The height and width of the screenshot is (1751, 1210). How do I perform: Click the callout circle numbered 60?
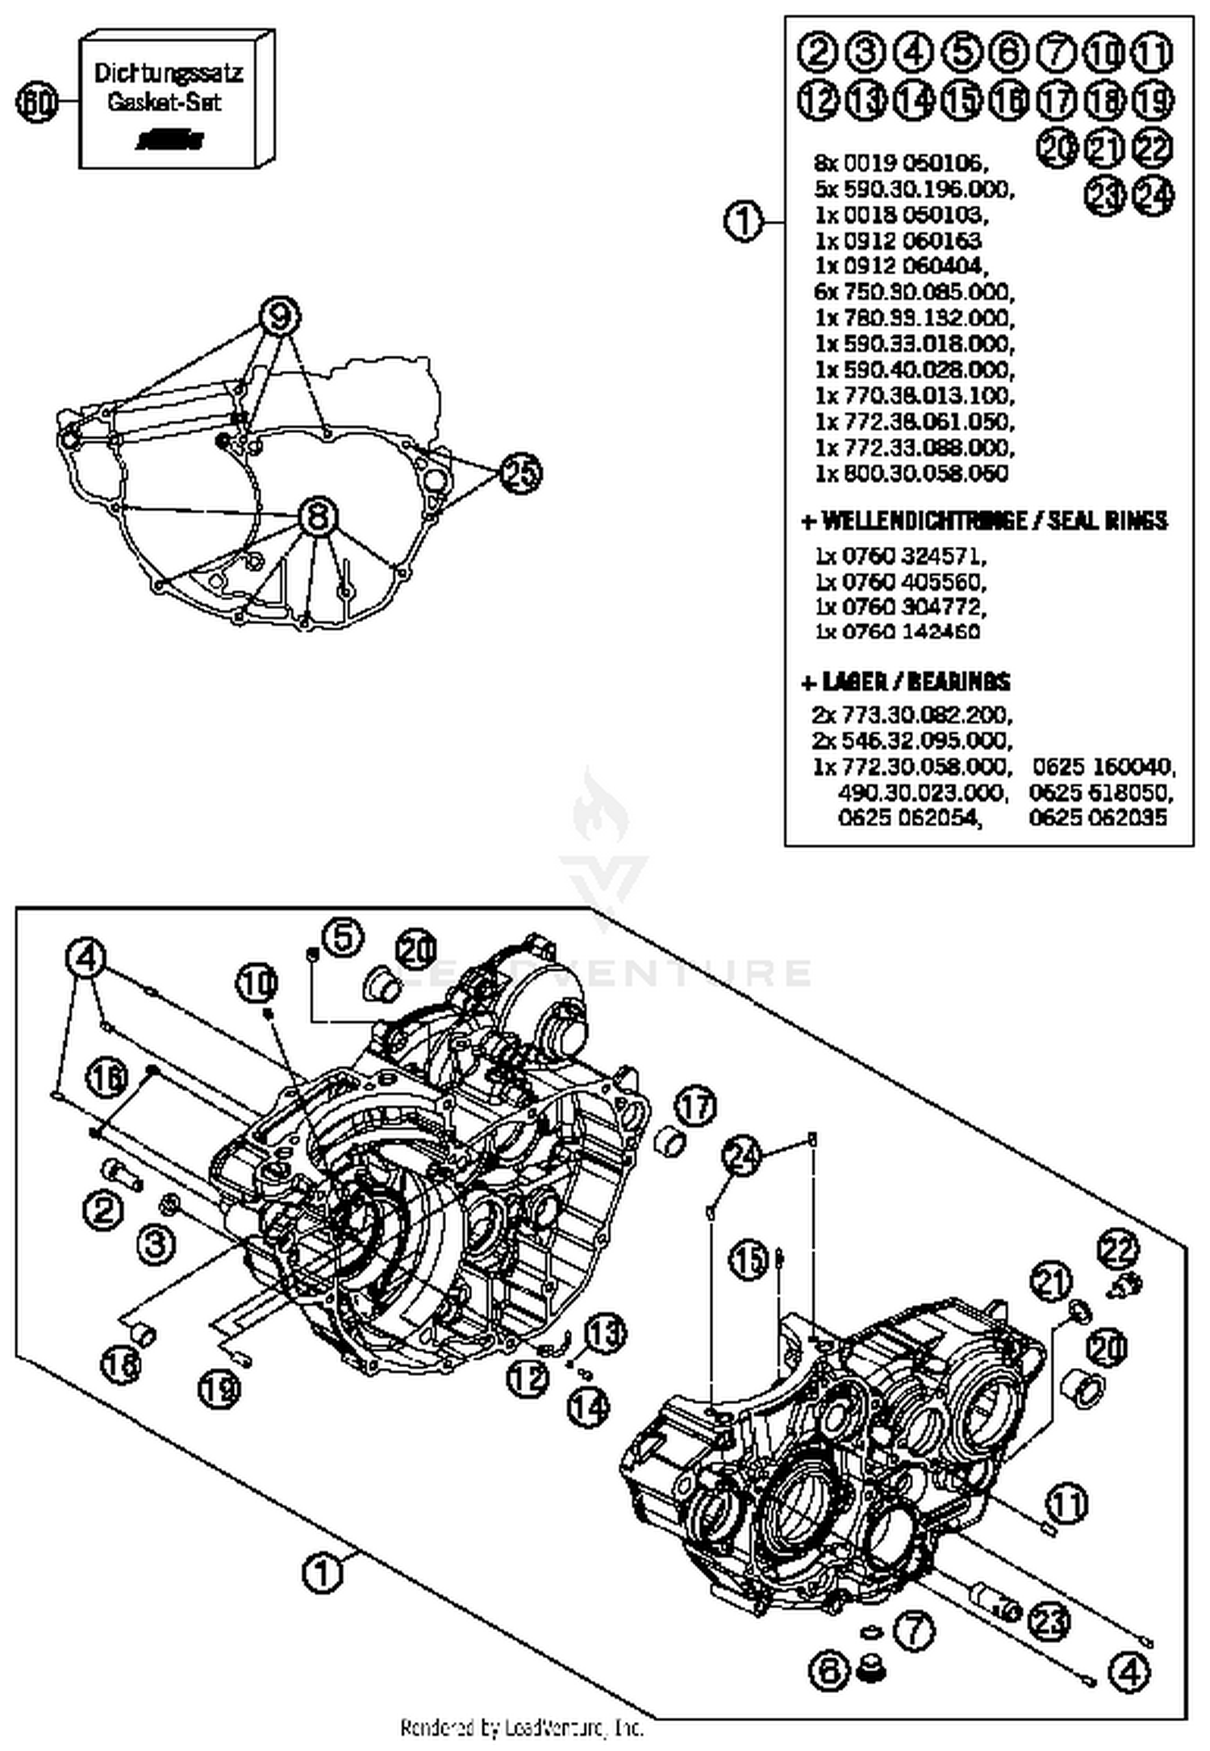tap(36, 103)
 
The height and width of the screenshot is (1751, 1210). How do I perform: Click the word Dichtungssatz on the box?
tap(168, 73)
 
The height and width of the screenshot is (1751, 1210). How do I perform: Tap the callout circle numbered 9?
tap(279, 317)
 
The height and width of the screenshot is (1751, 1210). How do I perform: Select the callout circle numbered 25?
tap(520, 473)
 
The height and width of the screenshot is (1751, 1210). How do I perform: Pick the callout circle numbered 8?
tap(318, 516)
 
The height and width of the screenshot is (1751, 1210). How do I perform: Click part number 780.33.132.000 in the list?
tap(914, 318)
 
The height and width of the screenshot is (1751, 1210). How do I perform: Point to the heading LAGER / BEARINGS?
tap(906, 682)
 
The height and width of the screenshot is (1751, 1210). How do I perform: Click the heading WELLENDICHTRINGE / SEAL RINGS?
tap(984, 521)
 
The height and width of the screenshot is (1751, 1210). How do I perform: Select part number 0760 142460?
tap(898, 632)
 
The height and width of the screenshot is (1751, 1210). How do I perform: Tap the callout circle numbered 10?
tap(257, 983)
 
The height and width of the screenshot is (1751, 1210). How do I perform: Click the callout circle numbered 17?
tap(695, 1107)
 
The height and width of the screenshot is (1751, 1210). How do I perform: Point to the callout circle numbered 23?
tap(1051, 1622)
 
